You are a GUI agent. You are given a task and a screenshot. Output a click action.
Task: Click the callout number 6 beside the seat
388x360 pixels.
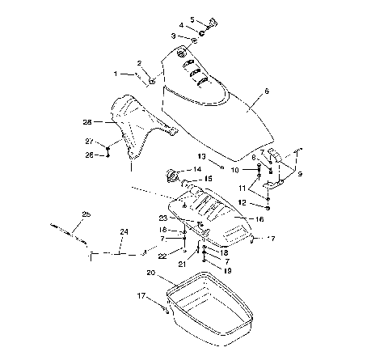pos(255,93)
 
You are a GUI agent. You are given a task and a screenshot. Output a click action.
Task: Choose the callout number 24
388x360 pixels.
pos(124,231)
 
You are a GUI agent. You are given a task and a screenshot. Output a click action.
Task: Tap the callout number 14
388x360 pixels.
pos(197,169)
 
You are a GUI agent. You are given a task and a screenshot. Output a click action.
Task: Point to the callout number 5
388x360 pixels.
pos(192,19)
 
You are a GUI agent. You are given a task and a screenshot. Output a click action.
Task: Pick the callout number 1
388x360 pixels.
pos(115,74)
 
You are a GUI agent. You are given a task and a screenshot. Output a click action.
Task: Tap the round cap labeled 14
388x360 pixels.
pos(173,175)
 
